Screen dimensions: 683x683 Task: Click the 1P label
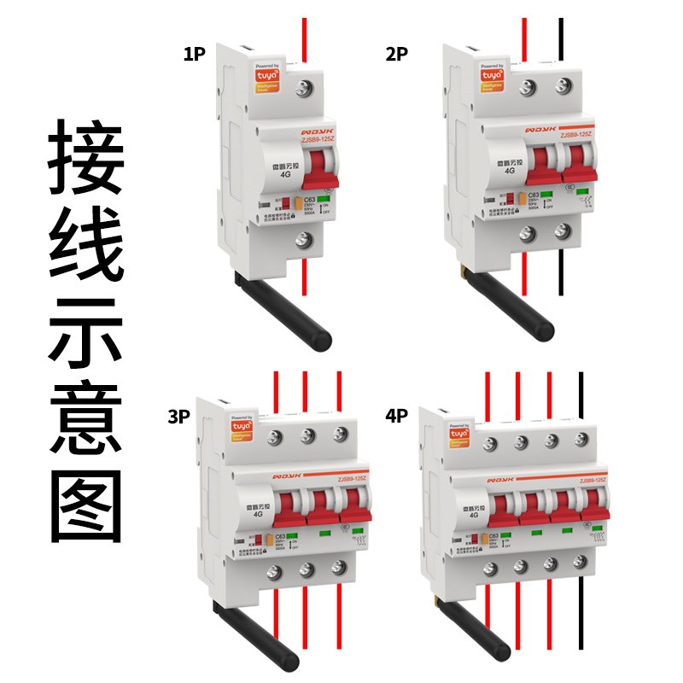point(195,55)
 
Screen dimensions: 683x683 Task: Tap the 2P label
point(397,55)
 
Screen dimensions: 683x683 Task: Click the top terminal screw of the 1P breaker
point(305,87)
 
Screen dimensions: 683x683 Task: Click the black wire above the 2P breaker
point(561,38)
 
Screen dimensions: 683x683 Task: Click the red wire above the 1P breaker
point(304,38)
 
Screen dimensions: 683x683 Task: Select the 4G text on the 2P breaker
point(511,170)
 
